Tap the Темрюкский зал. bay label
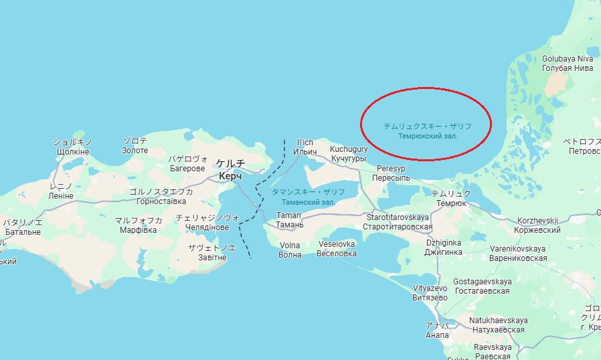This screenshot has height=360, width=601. [427, 136]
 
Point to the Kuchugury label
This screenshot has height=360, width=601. [349, 149]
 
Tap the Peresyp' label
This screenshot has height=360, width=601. [392, 169]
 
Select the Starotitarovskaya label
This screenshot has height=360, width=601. [398, 217]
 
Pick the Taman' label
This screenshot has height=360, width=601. [290, 215]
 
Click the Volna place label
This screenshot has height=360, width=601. [290, 245]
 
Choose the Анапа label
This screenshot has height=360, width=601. [437, 335]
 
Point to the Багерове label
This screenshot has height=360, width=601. [187, 169]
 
